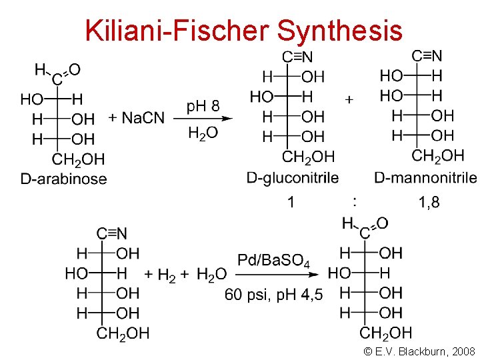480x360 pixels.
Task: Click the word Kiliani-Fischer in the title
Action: (x=176, y=30)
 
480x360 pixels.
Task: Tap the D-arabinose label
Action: (x=63, y=179)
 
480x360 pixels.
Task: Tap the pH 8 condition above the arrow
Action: (x=203, y=105)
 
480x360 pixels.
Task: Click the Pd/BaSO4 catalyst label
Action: (x=273, y=260)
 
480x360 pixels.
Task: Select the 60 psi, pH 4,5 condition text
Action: (x=273, y=294)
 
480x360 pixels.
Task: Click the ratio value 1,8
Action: (x=429, y=201)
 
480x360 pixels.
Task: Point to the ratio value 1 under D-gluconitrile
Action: (x=291, y=201)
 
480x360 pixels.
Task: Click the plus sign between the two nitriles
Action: (x=349, y=99)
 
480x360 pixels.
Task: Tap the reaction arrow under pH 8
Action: (x=204, y=119)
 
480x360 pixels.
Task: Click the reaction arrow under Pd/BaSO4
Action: (x=280, y=274)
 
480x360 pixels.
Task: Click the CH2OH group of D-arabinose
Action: (x=78, y=159)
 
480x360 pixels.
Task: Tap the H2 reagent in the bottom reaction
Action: (x=167, y=275)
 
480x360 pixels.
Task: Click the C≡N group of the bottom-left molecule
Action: (x=112, y=233)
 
